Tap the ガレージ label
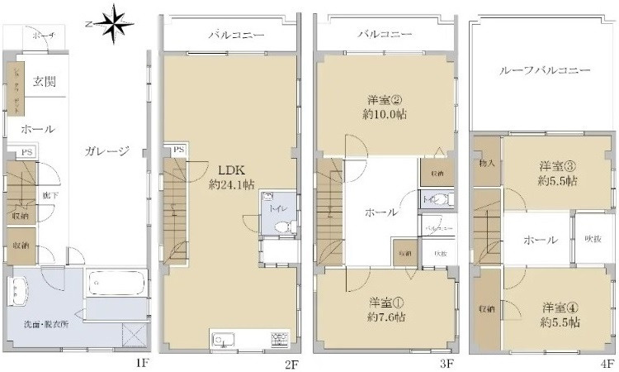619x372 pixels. pos(107,151)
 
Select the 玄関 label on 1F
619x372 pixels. pos(43,81)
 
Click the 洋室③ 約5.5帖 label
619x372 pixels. pos(558,172)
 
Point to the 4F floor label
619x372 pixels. pos(607,363)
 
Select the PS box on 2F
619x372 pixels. pos(178,150)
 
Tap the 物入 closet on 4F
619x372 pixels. pos(486,164)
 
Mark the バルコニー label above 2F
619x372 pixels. pos(229,36)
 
